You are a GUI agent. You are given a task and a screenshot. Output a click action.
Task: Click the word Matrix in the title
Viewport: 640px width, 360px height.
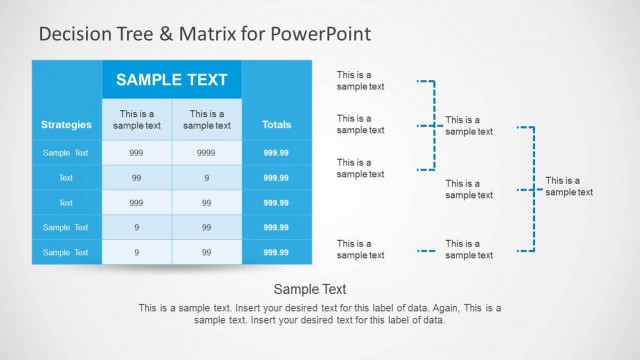click(204, 34)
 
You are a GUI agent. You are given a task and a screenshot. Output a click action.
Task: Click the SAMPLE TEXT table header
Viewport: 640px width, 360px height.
click(171, 79)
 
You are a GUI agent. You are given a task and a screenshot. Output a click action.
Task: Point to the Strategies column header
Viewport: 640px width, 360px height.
click(66, 125)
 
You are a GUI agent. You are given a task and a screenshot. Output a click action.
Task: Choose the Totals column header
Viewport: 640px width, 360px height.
click(276, 125)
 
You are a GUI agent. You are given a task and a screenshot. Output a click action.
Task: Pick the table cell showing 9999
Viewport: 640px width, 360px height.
click(206, 153)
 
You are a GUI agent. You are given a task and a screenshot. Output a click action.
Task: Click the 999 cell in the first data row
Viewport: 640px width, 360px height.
click(136, 153)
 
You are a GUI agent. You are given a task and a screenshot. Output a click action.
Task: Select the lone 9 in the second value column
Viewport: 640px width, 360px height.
click(206, 177)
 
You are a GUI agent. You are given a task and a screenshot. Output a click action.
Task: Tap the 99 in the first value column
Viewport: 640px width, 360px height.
click(136, 177)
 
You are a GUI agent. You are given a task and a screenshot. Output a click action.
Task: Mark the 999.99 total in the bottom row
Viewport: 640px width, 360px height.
click(276, 252)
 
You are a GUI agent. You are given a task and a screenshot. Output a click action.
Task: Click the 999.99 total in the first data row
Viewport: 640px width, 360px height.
click(276, 153)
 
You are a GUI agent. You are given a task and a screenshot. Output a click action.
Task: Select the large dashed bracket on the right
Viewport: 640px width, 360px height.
click(533, 188)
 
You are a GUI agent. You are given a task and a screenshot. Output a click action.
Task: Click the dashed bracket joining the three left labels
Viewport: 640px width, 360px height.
click(433, 126)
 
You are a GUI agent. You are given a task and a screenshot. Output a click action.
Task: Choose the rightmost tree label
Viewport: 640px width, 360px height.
click(569, 187)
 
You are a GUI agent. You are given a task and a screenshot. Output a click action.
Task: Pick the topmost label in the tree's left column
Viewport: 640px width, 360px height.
click(360, 80)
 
